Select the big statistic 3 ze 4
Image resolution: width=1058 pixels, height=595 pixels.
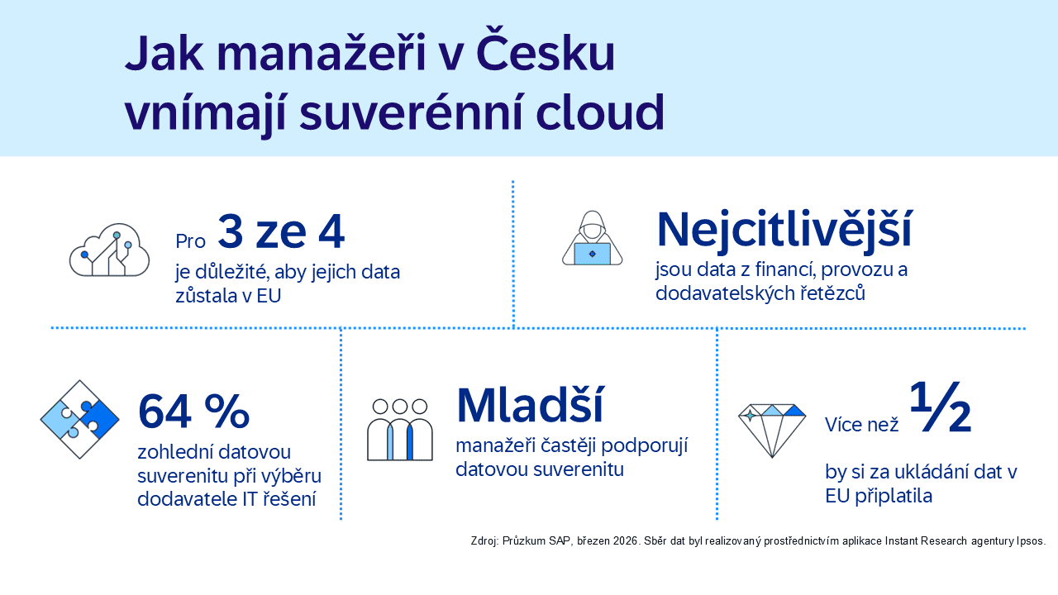[x=281, y=233]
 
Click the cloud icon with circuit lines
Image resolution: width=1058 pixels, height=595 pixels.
[x=109, y=250]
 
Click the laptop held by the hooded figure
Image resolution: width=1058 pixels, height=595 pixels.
[x=592, y=253]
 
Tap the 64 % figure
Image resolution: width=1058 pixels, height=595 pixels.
[x=193, y=411]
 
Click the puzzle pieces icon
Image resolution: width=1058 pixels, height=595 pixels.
[x=79, y=419]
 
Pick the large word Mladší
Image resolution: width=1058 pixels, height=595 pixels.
[x=529, y=406]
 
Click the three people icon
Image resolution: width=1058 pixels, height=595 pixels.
[x=400, y=430]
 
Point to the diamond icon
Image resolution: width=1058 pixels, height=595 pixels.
[x=771, y=431]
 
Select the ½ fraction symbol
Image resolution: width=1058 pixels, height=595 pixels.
[x=941, y=408]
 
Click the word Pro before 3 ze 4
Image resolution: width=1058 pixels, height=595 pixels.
[x=190, y=241]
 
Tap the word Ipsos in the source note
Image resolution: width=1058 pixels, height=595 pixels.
[x=1029, y=541]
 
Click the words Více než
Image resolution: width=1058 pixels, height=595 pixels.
[x=861, y=425]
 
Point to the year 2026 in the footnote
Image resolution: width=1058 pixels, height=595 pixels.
[x=624, y=541]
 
